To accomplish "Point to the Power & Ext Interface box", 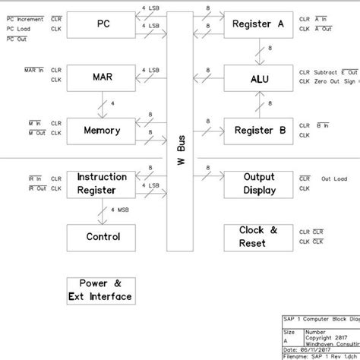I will tap(99, 289).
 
